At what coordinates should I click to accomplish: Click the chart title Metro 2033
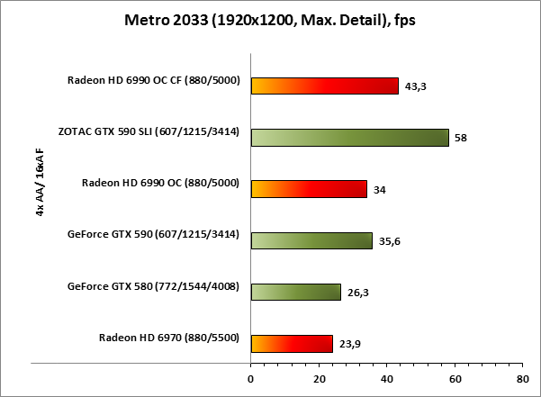click(270, 20)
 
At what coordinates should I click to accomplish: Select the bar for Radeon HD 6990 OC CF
click(324, 86)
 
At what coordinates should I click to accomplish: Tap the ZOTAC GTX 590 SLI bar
click(349, 137)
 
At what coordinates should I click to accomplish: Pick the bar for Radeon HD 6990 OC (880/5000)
click(309, 188)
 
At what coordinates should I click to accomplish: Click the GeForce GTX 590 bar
click(311, 240)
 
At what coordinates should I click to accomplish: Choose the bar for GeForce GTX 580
click(295, 292)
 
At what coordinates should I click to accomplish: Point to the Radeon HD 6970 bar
click(292, 343)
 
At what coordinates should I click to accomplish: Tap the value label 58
click(461, 138)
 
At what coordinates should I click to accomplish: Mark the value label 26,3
click(358, 293)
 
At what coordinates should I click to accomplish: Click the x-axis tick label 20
click(319, 379)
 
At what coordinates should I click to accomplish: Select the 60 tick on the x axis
click(454, 379)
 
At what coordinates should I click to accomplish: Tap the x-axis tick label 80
click(521, 379)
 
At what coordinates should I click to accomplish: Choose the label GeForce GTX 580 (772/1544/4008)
click(153, 286)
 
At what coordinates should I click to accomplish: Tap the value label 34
click(380, 189)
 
